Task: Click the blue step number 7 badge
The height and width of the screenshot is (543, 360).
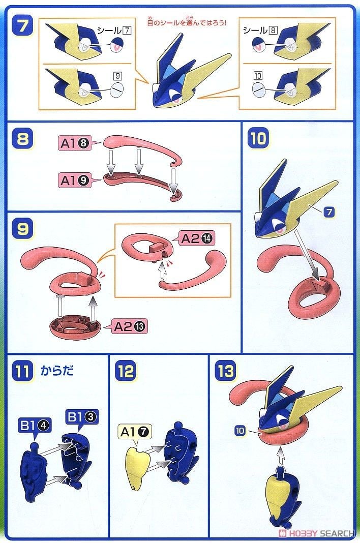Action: (x=22, y=26)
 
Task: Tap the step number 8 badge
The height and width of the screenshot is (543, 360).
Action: (x=22, y=139)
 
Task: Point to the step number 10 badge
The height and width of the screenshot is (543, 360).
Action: (x=258, y=138)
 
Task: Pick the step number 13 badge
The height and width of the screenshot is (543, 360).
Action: (x=225, y=371)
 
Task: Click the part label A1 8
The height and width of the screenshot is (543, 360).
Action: (x=75, y=143)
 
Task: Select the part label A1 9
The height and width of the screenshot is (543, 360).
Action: (x=75, y=180)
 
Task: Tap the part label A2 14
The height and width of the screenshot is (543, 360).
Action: (x=197, y=238)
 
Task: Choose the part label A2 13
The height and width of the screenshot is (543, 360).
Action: (x=130, y=326)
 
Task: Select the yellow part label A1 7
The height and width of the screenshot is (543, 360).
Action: (x=135, y=432)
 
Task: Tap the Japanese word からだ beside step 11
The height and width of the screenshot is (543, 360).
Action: (x=57, y=371)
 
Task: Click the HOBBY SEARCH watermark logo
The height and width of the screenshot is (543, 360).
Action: (x=317, y=533)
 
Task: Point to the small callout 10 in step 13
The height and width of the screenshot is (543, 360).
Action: (x=239, y=431)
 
